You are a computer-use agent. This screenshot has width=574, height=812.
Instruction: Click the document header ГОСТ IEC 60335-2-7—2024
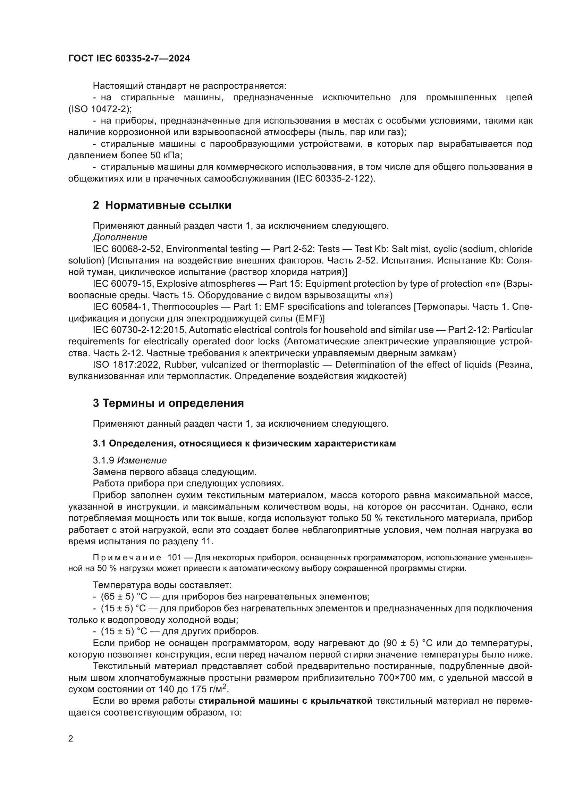129,58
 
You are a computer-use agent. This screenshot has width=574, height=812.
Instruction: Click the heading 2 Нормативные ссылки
162,205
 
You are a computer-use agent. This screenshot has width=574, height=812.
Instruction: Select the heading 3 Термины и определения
168,403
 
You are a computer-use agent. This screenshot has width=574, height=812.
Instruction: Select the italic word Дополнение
120,237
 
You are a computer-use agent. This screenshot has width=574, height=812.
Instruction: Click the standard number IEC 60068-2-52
127,249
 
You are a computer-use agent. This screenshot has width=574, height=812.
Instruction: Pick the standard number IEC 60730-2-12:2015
140,329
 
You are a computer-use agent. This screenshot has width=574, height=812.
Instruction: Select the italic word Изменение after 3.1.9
142,460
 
